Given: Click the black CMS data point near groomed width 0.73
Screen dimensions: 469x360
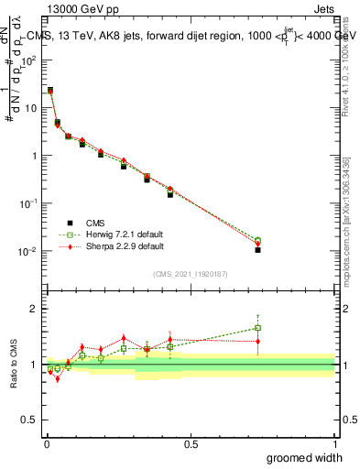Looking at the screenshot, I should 257,249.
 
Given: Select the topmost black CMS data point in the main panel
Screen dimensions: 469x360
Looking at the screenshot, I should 50,91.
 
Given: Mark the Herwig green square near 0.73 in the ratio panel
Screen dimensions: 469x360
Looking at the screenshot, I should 257,328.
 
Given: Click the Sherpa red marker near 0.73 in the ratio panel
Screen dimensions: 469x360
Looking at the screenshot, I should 257,341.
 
